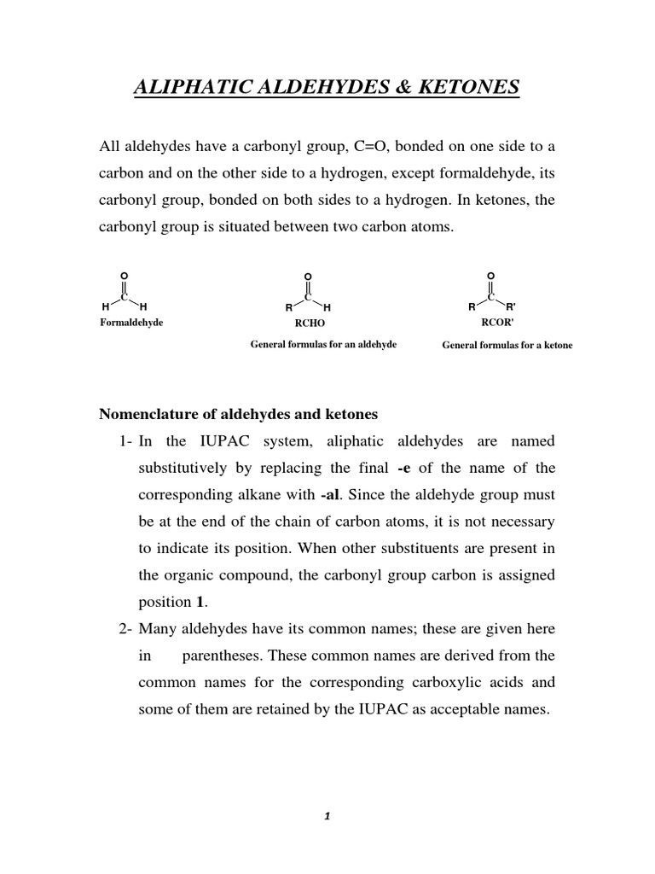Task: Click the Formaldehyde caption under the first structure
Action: (131, 323)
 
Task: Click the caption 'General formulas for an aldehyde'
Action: (323, 344)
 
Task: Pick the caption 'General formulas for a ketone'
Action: (507, 345)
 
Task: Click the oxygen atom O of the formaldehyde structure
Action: (124, 275)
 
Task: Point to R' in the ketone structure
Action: (510, 306)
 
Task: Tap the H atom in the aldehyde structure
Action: (327, 306)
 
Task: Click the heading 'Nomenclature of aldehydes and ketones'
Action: (239, 414)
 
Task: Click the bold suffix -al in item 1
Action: (333, 494)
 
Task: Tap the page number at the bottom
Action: (327, 816)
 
